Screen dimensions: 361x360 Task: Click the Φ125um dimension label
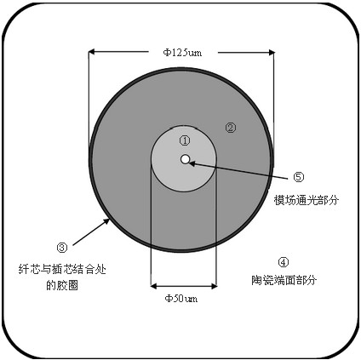(x=182, y=53)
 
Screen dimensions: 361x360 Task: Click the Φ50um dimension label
(x=181, y=299)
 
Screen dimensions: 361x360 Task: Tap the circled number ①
(x=185, y=140)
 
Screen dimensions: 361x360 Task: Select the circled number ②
(x=231, y=128)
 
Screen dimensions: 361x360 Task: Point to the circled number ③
(x=62, y=248)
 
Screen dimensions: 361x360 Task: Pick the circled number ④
(x=283, y=262)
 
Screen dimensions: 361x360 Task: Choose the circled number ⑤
(x=298, y=177)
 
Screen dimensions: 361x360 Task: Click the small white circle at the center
(x=185, y=159)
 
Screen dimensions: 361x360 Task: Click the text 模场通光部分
(x=307, y=200)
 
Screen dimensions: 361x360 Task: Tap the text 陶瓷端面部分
(x=284, y=280)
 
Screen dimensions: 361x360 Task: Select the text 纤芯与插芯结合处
(x=62, y=269)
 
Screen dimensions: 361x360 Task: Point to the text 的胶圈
(x=62, y=285)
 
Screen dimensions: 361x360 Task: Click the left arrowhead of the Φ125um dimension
(x=91, y=52)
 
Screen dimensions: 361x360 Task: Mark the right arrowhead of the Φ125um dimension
(x=272, y=52)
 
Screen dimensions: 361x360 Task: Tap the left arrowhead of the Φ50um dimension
(x=153, y=287)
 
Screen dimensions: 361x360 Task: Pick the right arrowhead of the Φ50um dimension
(x=214, y=287)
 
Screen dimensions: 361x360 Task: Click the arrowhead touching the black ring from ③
(x=106, y=221)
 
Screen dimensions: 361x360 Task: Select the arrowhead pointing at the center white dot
(x=192, y=163)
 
